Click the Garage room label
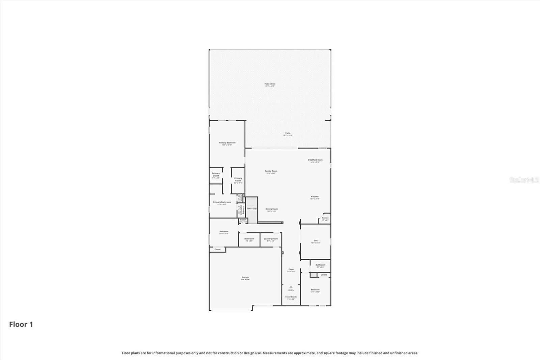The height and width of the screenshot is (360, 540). click(x=245, y=277)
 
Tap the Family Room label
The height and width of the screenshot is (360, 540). click(x=271, y=171)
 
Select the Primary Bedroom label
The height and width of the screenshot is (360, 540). click(x=227, y=143)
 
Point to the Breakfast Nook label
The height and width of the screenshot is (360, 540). click(x=315, y=160)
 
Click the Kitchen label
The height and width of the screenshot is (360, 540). click(x=315, y=197)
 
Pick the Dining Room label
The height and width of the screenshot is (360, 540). click(x=272, y=209)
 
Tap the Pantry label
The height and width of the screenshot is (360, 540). click(x=325, y=218)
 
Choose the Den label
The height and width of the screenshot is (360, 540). click(x=316, y=241)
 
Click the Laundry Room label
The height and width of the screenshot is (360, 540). click(x=271, y=239)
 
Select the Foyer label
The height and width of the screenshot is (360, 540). click(x=291, y=269)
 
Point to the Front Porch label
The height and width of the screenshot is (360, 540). click(x=291, y=297)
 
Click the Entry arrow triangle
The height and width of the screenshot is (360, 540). click(x=291, y=287)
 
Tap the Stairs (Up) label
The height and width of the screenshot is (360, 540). click(x=252, y=208)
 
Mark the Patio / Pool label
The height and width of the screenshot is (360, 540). click(x=270, y=84)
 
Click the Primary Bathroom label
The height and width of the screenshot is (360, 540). click(x=222, y=202)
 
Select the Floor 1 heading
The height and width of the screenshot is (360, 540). click(x=21, y=325)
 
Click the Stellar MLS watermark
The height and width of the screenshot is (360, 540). click(x=524, y=180)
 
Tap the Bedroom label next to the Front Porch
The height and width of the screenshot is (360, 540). click(x=315, y=290)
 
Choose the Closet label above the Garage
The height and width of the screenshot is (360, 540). click(x=218, y=250)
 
